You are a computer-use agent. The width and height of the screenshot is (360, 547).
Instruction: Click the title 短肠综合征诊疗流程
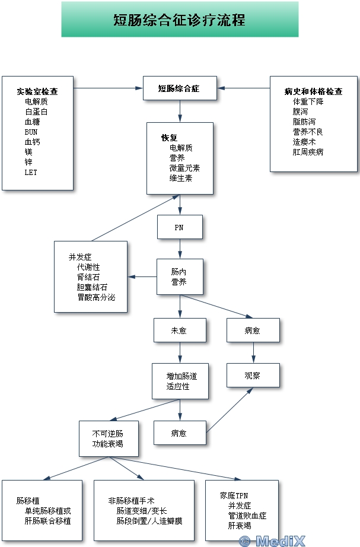click(x=179, y=20)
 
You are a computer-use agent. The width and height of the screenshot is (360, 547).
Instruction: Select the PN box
click(x=180, y=227)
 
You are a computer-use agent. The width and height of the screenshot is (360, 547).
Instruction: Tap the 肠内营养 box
click(x=180, y=276)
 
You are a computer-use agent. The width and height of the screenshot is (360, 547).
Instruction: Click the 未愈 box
click(x=180, y=330)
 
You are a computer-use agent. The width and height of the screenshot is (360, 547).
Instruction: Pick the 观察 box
click(x=253, y=375)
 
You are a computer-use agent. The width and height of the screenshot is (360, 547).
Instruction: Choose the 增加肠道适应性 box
click(x=180, y=381)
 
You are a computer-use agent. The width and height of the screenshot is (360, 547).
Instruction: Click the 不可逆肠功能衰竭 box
click(x=109, y=438)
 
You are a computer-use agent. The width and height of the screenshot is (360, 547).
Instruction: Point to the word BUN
click(x=31, y=132)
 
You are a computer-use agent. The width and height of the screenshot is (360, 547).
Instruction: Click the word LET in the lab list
click(x=31, y=172)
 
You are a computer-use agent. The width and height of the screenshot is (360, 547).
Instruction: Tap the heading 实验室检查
click(x=37, y=91)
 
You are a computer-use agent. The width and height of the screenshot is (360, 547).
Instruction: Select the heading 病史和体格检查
click(x=313, y=91)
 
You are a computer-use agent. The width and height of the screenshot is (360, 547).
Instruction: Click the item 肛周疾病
click(x=308, y=152)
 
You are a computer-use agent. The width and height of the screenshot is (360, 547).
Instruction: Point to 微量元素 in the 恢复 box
click(x=184, y=168)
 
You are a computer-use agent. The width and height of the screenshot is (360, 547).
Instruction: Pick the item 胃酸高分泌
click(x=96, y=297)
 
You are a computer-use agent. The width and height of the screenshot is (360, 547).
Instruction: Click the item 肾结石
click(x=88, y=277)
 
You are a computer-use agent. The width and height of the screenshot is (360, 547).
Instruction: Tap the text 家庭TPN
click(x=234, y=495)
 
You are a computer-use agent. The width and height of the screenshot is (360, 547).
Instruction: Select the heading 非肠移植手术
click(x=131, y=501)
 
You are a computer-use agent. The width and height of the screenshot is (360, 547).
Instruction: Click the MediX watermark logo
click(x=272, y=541)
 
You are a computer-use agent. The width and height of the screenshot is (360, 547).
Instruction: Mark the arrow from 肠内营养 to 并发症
click(x=142, y=276)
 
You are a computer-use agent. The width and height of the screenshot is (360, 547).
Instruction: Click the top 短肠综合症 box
click(x=180, y=88)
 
